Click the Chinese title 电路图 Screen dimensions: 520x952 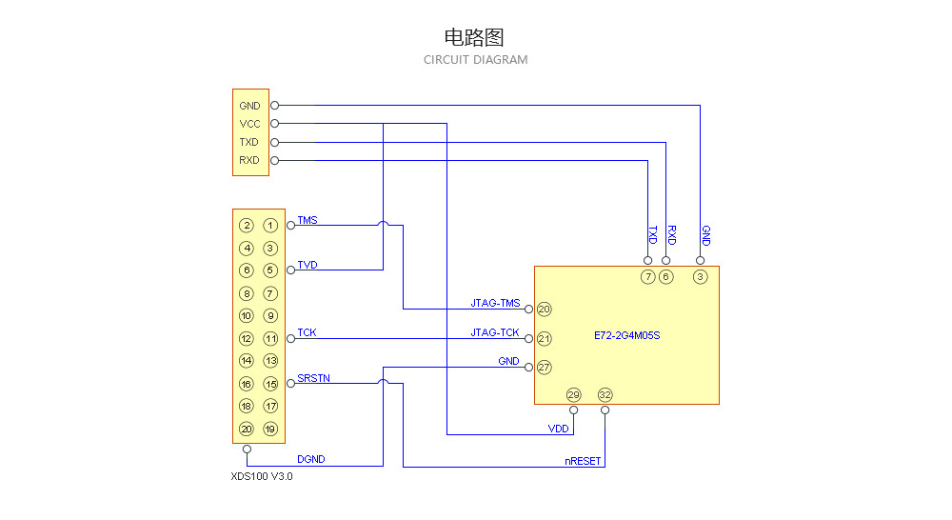coord(474,37)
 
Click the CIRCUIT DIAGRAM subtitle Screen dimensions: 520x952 coord(475,60)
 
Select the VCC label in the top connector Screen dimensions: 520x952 coord(249,124)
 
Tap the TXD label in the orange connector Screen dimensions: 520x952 coord(249,142)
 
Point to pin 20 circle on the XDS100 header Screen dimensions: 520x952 coord(247,430)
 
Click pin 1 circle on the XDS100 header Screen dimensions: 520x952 coord(270,226)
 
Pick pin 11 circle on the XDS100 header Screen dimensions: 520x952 coord(270,339)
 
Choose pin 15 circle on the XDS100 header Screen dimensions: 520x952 coord(270,384)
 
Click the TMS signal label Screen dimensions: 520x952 coord(307,220)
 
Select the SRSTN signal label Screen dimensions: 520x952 coord(313,378)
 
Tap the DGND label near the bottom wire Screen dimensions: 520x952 coord(310,459)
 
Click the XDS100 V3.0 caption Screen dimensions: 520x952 coord(262,476)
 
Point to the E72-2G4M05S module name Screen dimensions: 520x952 coord(626,335)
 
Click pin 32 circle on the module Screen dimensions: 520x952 coord(605,395)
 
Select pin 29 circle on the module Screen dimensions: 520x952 coord(573,395)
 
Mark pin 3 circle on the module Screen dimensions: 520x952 coord(701,277)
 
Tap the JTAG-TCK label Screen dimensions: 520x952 coord(495,333)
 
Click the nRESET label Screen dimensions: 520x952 coord(583,461)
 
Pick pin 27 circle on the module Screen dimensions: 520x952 coord(545,367)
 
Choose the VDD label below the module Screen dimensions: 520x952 coord(558,430)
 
